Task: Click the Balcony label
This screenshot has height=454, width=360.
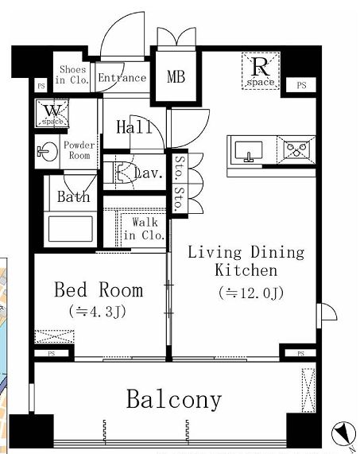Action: [174, 400]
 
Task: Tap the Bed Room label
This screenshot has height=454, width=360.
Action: [99, 289]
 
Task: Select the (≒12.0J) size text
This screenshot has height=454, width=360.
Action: [251, 293]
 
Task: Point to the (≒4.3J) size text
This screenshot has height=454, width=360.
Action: [98, 312]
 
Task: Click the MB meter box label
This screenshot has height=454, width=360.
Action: [176, 77]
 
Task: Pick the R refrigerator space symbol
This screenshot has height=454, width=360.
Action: [261, 71]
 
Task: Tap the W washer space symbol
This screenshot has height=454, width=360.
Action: [52, 113]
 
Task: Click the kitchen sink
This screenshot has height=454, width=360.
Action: [249, 151]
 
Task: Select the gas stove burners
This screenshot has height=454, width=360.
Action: [296, 149]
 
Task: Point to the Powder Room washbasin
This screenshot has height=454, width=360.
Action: [47, 151]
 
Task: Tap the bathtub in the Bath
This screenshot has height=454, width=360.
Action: [71, 229]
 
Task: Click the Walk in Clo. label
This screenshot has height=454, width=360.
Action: [144, 229]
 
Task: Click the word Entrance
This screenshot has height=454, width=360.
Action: [122, 78]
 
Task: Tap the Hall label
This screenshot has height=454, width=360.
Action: [134, 127]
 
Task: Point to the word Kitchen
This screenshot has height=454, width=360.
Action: [246, 270]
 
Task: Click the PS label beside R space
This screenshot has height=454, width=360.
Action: [301, 85]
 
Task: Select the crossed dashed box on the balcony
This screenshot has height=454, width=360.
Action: [308, 390]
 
